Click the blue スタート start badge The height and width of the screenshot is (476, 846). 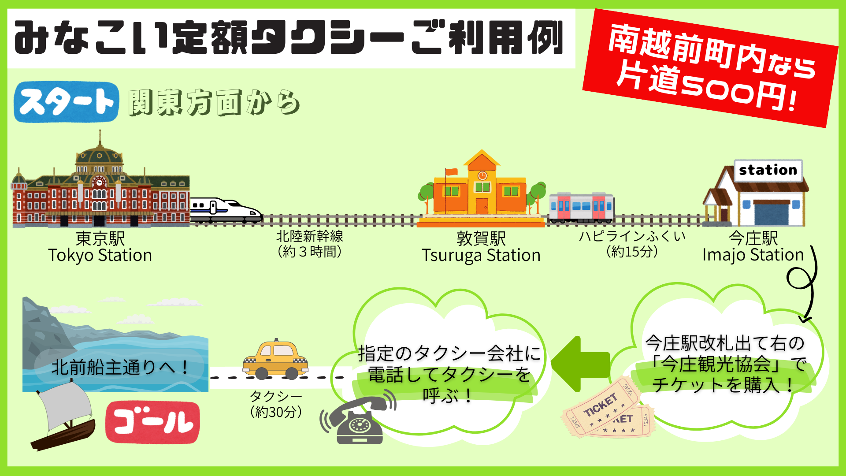coord(66,102)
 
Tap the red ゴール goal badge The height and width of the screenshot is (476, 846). coord(152,422)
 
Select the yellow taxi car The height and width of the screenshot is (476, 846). coord(275,360)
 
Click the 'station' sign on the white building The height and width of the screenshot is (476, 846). coord(768,170)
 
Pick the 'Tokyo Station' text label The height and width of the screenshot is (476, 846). coord(100,255)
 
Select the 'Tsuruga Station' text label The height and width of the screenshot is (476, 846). coord(481,255)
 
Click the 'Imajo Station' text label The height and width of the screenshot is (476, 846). coord(753,255)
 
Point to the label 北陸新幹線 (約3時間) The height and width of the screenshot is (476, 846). coord(310,244)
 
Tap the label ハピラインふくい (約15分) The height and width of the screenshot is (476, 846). coord(632,244)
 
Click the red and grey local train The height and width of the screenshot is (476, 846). coord(582,207)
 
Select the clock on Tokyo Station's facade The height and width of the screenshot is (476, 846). coord(99,182)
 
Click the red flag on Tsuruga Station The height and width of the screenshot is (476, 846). coord(451,171)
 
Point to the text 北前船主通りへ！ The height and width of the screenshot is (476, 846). coord(120,367)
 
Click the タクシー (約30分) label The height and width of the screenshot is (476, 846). coord(276,404)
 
